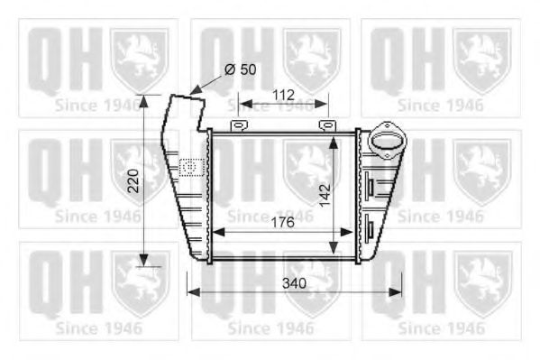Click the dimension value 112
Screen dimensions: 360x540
(283, 94)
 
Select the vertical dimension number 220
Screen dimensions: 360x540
(133, 184)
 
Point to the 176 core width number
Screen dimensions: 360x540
(282, 223)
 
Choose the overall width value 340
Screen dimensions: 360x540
(294, 283)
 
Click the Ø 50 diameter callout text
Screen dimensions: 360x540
(240, 69)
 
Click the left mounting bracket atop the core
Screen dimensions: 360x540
(238, 125)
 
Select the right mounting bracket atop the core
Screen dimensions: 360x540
(326, 125)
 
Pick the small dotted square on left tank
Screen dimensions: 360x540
(189, 166)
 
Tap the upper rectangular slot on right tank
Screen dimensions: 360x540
(368, 185)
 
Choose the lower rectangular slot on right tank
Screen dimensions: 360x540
(368, 224)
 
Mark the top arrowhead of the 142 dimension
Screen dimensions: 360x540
(336, 137)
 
